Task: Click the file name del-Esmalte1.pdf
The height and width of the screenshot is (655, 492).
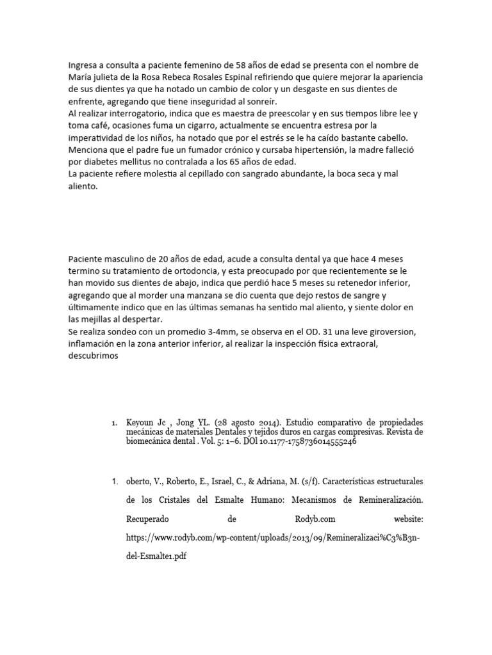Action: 158,556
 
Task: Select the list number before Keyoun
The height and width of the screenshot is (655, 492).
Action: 113,423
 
